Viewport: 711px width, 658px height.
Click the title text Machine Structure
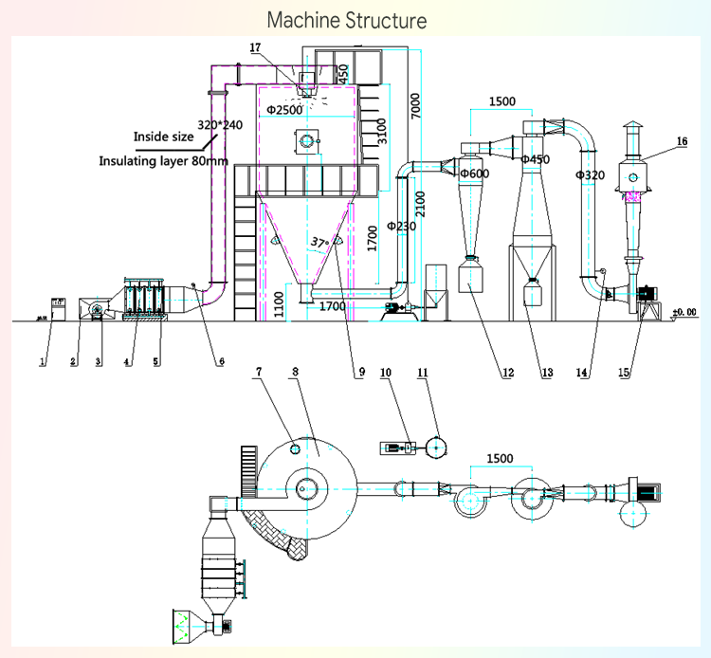point(346,20)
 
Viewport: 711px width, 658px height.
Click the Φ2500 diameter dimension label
point(283,110)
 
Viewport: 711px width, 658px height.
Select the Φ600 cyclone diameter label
point(473,174)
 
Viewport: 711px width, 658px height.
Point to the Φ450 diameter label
point(536,159)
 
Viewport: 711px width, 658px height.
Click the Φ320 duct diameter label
point(590,174)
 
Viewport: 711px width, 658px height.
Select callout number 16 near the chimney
point(682,141)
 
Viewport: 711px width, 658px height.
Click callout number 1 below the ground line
point(42,361)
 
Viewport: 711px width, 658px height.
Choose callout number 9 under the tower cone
point(360,373)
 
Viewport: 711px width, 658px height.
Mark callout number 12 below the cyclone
point(508,373)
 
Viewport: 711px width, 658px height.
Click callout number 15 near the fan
point(623,373)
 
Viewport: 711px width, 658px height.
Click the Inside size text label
point(163,137)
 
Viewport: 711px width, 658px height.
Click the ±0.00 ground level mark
point(684,311)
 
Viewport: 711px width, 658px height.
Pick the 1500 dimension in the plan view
point(500,458)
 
